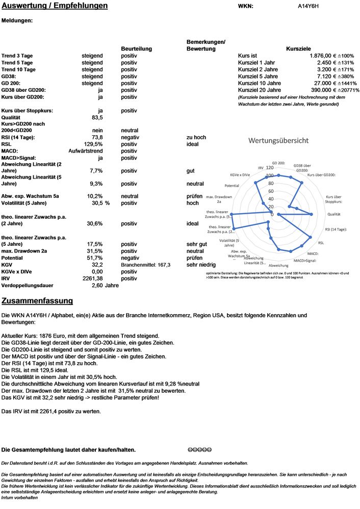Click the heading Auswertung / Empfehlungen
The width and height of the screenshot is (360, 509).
(x=55, y=6)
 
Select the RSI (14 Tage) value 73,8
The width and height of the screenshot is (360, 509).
(x=97, y=137)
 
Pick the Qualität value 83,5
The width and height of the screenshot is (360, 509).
(x=97, y=117)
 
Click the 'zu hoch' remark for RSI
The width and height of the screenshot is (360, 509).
(x=196, y=137)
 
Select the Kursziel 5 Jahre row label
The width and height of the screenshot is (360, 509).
(x=259, y=76)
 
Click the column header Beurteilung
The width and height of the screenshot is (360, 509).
(x=136, y=48)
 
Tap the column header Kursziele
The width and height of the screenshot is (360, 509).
(x=299, y=48)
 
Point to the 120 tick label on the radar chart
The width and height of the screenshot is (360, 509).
(x=270, y=167)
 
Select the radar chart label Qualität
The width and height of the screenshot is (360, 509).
(x=334, y=215)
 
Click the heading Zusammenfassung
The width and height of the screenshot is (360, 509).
(x=37, y=301)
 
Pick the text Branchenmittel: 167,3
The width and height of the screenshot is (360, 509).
(x=145, y=265)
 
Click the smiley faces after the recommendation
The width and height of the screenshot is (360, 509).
(x=199, y=450)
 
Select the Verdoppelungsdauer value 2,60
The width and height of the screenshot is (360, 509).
(x=97, y=286)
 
